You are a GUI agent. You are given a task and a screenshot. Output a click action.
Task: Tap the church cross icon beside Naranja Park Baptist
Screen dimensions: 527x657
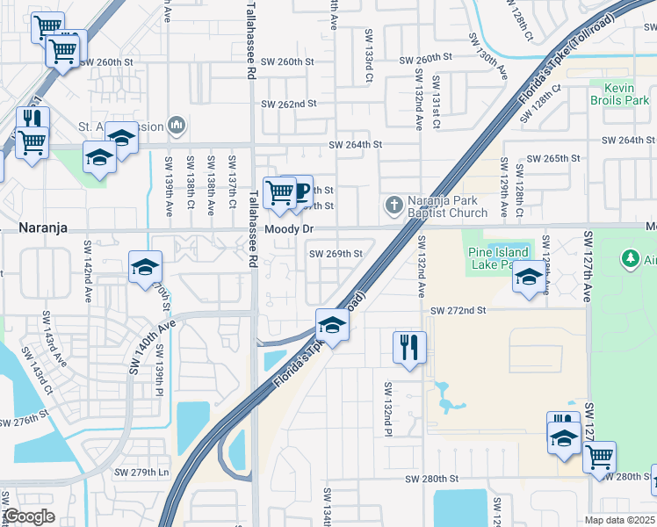pyautogui.click(x=393, y=206)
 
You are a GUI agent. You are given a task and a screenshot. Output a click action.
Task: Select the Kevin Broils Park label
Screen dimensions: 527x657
pyautogui.click(x=625, y=95)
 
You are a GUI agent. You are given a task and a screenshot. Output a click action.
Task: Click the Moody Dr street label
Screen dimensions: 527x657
pyautogui.click(x=290, y=228)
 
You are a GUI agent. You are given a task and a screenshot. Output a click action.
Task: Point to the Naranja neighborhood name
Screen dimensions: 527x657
pyautogui.click(x=44, y=227)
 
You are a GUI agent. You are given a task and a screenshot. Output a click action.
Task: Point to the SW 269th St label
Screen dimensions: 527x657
pyautogui.click(x=335, y=254)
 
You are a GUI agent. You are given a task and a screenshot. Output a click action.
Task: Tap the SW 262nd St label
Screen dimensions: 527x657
pyautogui.click(x=288, y=104)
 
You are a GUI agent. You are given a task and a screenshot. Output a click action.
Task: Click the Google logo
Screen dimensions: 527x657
pyautogui.click(x=29, y=516)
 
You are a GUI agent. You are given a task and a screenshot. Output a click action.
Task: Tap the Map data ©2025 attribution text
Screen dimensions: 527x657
pyautogui.click(x=619, y=520)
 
